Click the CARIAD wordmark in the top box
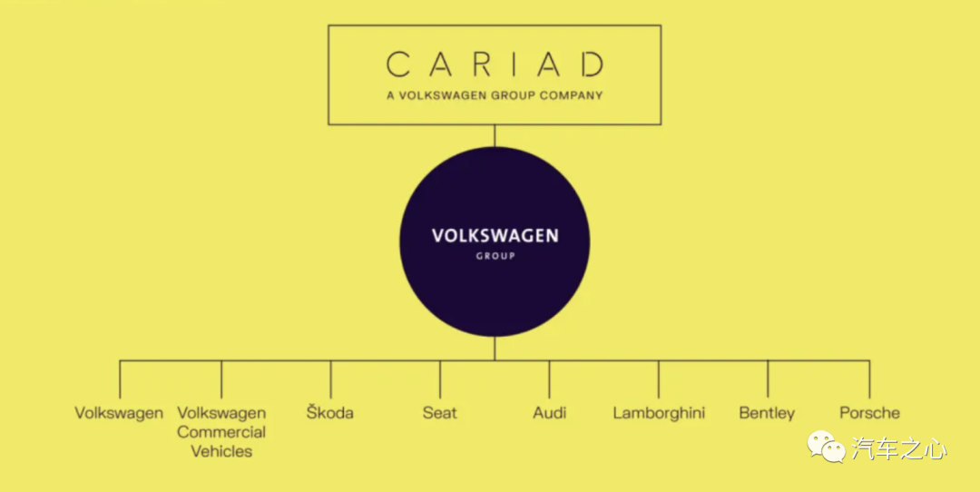495,64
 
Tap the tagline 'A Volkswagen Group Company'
495,95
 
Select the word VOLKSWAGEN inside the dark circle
495,236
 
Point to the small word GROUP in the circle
495,256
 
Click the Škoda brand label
330,412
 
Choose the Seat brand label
440,413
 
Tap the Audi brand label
549,413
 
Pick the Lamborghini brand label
659,413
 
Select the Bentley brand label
767,413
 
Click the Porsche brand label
869,413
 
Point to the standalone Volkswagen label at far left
119,413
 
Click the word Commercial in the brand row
221,432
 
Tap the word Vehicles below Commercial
221,451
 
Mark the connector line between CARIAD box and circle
495,135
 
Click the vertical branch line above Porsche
869,379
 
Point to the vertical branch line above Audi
549,379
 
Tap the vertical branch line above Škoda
330,379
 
